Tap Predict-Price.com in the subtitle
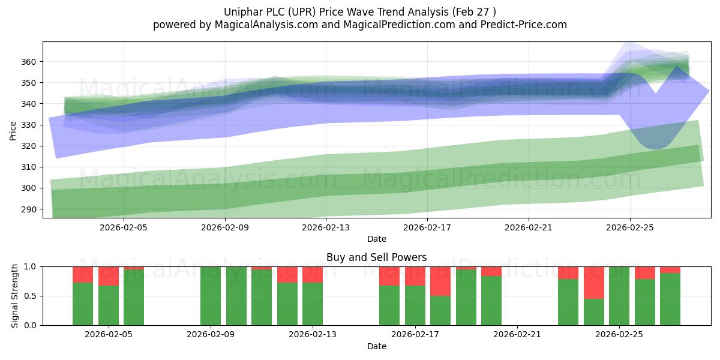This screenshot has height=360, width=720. pyautogui.click(x=524, y=25)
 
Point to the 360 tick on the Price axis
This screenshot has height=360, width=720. pyautogui.click(x=29, y=62)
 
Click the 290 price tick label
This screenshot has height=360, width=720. pyautogui.click(x=29, y=209)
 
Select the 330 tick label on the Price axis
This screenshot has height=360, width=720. pyautogui.click(x=29, y=125)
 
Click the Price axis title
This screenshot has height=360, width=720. pyautogui.click(x=13, y=131)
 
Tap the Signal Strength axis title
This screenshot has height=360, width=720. pyautogui.click(x=14, y=296)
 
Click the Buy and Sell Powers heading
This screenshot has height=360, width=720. pyautogui.click(x=376, y=257)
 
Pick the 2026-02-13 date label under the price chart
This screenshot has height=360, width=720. pyautogui.click(x=326, y=227)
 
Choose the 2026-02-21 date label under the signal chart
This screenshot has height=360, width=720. pyautogui.click(x=517, y=335)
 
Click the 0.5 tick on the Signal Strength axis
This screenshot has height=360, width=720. pyautogui.click(x=30, y=296)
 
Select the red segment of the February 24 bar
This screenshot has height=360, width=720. pyautogui.click(x=593, y=283)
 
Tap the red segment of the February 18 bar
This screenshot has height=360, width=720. pyautogui.click(x=440, y=281)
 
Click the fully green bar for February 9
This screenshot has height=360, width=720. pyautogui.click(x=211, y=296)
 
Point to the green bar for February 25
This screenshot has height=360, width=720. pyautogui.click(x=619, y=296)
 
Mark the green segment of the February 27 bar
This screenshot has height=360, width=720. pyautogui.click(x=670, y=299)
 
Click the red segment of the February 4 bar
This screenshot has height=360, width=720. pyautogui.click(x=83, y=275)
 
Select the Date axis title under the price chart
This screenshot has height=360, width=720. pyautogui.click(x=377, y=239)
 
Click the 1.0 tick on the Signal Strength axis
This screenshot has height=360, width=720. pyautogui.click(x=30, y=267)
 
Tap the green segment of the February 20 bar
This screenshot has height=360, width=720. pyautogui.click(x=491, y=301)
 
